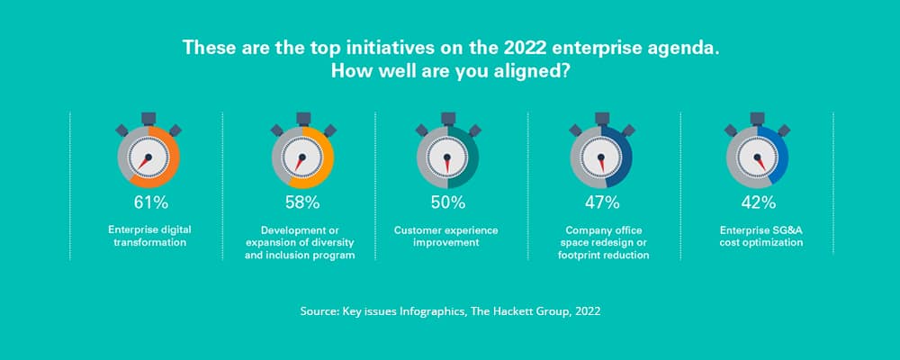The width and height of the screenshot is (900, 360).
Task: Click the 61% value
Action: pos(146,202)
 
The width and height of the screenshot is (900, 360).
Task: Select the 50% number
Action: pos(447,202)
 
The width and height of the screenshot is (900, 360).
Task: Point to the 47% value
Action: pos(601,202)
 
